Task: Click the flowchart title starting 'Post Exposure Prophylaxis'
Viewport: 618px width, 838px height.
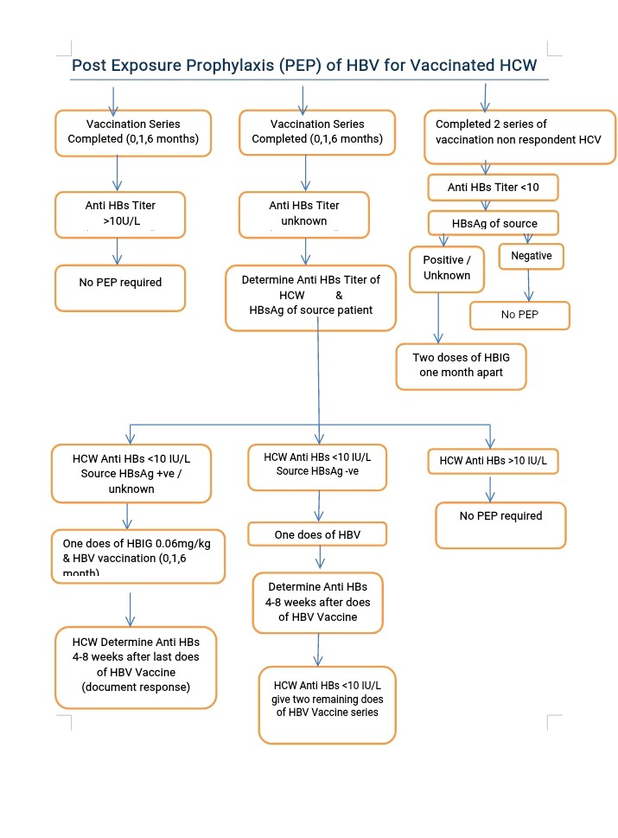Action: tap(304, 65)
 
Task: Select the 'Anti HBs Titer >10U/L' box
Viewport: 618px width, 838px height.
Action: tap(120, 214)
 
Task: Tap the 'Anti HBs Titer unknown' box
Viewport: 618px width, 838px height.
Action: tap(304, 214)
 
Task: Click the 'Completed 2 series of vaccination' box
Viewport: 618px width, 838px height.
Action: tap(519, 137)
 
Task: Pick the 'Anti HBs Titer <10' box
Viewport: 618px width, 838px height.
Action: tap(493, 188)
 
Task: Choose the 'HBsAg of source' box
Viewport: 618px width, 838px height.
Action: tap(493, 223)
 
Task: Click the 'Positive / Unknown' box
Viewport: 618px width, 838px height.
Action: tap(447, 269)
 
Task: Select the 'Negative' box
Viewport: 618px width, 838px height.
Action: tap(531, 256)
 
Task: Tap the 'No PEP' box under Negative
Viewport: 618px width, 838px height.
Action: tap(519, 316)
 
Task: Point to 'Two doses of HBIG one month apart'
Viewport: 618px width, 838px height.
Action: tap(461, 367)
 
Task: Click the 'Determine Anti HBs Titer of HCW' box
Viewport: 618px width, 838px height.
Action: tap(310, 298)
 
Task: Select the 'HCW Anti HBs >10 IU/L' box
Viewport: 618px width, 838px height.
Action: tap(493, 461)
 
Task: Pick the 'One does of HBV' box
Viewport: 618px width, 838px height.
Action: tap(317, 534)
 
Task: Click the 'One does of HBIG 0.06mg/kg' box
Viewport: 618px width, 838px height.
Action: tap(137, 556)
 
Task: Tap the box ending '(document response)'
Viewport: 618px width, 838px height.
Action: tap(136, 668)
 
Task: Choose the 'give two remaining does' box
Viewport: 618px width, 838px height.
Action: tap(327, 705)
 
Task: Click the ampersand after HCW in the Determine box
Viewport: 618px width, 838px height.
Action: tap(339, 295)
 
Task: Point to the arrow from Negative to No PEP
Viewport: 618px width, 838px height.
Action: tap(529, 285)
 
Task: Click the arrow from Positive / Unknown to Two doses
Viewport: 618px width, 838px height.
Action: tap(438, 318)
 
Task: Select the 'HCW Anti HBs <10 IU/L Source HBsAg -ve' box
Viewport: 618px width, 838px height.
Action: tap(317, 467)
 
